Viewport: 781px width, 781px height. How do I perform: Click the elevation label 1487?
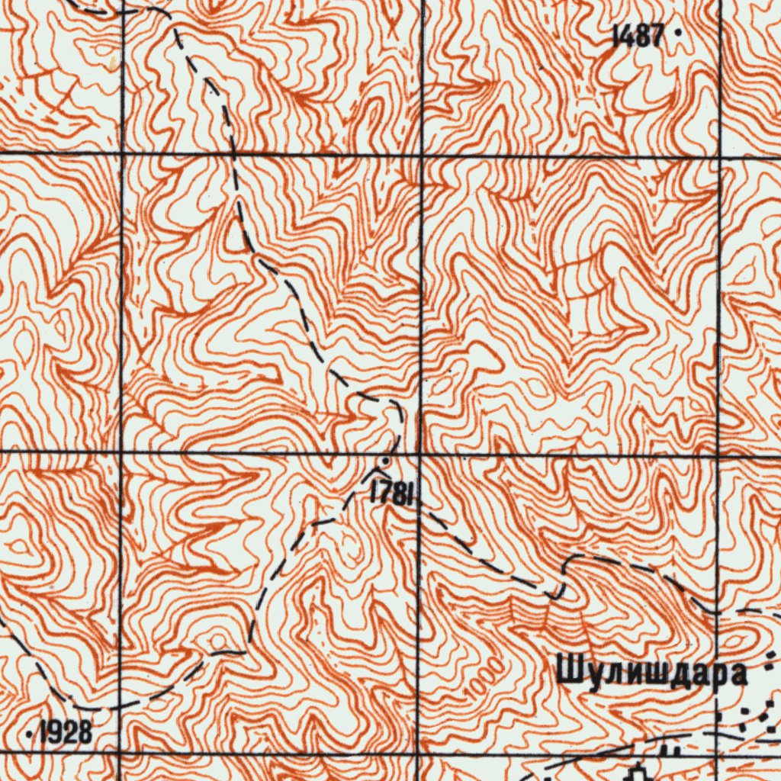click(x=638, y=35)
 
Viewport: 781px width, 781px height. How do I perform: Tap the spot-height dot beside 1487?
click(x=677, y=34)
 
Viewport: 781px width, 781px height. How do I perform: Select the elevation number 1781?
click(x=392, y=493)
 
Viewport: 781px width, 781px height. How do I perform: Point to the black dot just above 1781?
click(x=386, y=461)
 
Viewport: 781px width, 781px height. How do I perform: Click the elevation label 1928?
click(x=66, y=733)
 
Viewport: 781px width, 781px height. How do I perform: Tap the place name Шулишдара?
click(x=651, y=674)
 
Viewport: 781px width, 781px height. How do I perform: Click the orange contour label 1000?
click(x=487, y=677)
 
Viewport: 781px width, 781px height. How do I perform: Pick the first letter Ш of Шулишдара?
click(x=568, y=673)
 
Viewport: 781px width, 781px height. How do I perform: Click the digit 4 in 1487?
click(x=626, y=35)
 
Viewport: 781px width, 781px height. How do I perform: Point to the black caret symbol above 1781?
click(x=371, y=474)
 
